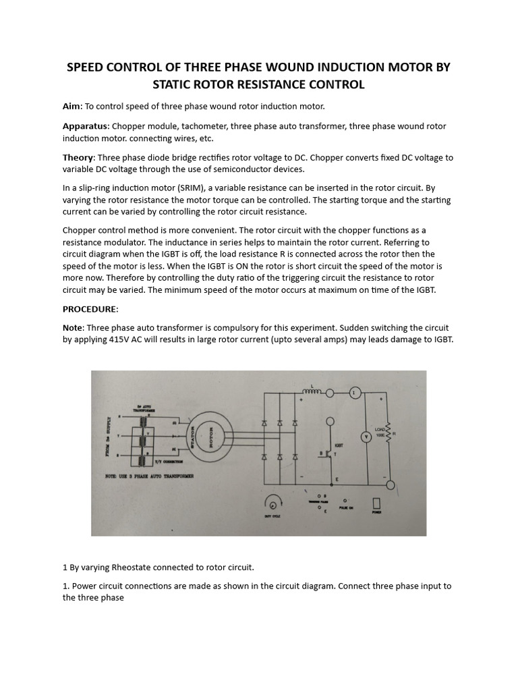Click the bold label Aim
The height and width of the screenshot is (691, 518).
71,107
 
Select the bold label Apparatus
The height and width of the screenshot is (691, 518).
85,126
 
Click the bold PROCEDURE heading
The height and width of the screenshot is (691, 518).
90,309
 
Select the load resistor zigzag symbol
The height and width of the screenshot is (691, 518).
388,433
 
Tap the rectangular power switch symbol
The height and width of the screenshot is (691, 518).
376,503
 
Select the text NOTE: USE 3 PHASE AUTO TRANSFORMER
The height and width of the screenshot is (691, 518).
149,476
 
